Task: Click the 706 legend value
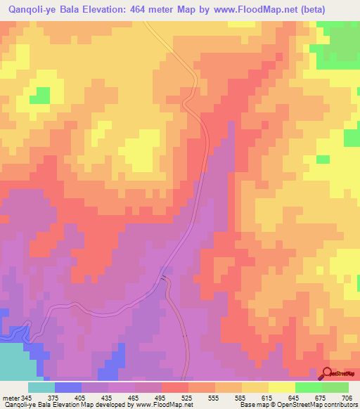(x=346, y=397)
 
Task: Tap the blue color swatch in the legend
(x=67, y=387)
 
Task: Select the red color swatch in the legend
(x=174, y=387)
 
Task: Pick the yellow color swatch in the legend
(x=281, y=387)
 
